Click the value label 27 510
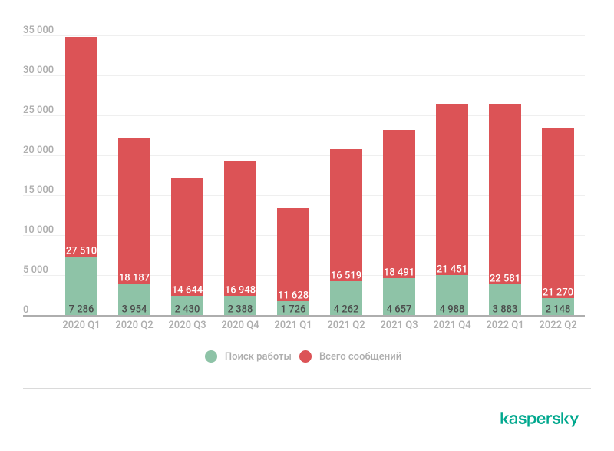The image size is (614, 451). [x=81, y=250]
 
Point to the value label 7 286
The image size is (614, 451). [x=81, y=309]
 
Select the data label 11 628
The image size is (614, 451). [x=293, y=296]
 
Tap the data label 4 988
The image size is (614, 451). [x=452, y=309]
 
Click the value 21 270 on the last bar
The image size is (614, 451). [x=558, y=292]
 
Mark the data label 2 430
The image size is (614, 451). [x=187, y=309]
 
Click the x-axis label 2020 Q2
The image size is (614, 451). [x=134, y=325]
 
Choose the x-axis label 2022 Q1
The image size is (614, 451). [x=505, y=325]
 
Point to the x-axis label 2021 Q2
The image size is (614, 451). [x=346, y=325]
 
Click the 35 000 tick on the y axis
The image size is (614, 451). [x=38, y=30]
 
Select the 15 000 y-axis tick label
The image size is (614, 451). [x=38, y=190]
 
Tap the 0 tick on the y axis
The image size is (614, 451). [x=26, y=310]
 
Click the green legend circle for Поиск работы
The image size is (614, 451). [x=211, y=356]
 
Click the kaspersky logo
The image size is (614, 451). [x=540, y=419]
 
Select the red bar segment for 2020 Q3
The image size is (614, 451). [x=187, y=230]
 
